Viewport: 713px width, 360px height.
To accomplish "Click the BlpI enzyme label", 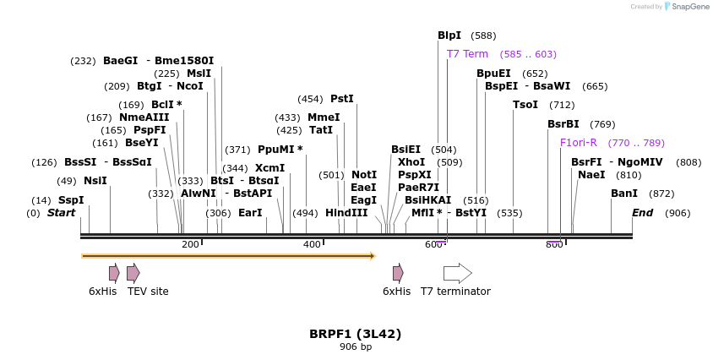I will [449, 35].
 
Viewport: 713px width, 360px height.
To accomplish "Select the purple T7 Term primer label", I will [467, 54].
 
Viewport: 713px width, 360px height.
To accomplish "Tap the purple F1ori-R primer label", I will [578, 143].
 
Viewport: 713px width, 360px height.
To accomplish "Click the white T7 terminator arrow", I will [457, 273].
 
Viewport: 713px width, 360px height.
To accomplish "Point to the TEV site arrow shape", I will [133, 273].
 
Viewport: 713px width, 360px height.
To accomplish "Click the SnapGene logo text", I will [689, 7].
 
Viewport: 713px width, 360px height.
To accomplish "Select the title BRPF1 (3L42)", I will [355, 334].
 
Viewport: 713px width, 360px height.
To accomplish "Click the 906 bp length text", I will [355, 347].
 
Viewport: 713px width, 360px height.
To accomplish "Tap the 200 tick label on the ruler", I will [190, 245].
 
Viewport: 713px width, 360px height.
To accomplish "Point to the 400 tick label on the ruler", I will [312, 245].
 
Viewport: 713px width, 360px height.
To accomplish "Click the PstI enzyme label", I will [342, 99].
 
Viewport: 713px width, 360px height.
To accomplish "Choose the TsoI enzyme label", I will [525, 105].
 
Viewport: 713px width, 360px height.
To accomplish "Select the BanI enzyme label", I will [624, 194].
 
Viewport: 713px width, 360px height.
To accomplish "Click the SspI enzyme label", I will [71, 200].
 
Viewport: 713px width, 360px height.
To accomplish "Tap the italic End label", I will [642, 213].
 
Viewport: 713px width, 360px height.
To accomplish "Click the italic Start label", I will [61, 213].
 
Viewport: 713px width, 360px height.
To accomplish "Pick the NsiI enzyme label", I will [95, 181].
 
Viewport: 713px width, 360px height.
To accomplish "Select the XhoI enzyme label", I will [411, 161].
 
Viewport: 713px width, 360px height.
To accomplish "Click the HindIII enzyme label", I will [346, 213].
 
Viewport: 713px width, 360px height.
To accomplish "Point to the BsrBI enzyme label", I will [563, 124].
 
